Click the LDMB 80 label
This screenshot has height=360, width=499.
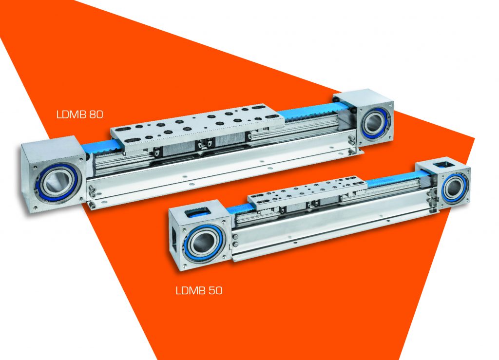[x=80, y=114]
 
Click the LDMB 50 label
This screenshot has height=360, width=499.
[x=199, y=291]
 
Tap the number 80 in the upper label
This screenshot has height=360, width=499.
[x=96, y=114]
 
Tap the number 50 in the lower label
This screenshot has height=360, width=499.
[x=215, y=291]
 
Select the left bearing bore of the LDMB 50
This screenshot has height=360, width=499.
[x=203, y=243]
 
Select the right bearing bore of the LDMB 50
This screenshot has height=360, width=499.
[x=454, y=189]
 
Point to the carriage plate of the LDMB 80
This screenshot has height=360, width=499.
[x=197, y=124]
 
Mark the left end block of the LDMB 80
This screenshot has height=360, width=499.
[x=54, y=174]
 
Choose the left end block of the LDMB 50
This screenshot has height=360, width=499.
[x=199, y=235]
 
